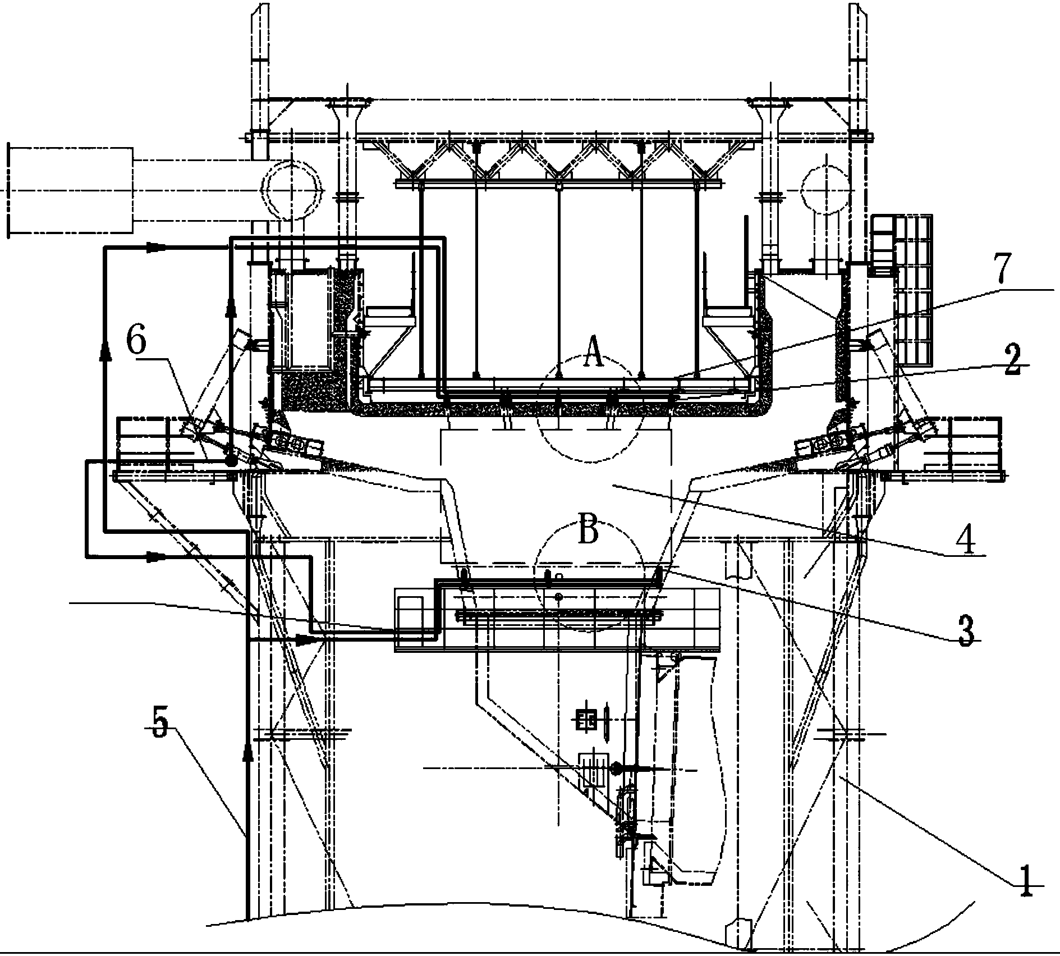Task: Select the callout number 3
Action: click(965, 632)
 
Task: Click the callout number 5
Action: click(160, 727)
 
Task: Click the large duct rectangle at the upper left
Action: click(70, 190)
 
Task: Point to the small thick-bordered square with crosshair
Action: click(586, 720)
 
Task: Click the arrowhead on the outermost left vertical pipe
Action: click(105, 352)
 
